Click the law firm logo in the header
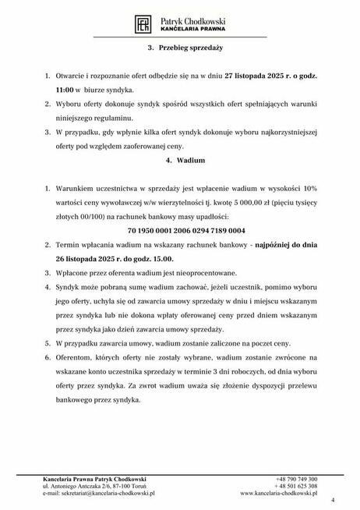point(143,23)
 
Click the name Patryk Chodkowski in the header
point(191,19)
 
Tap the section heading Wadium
point(179,161)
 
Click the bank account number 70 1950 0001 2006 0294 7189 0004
point(179,232)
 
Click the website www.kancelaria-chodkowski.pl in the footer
point(279,494)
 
